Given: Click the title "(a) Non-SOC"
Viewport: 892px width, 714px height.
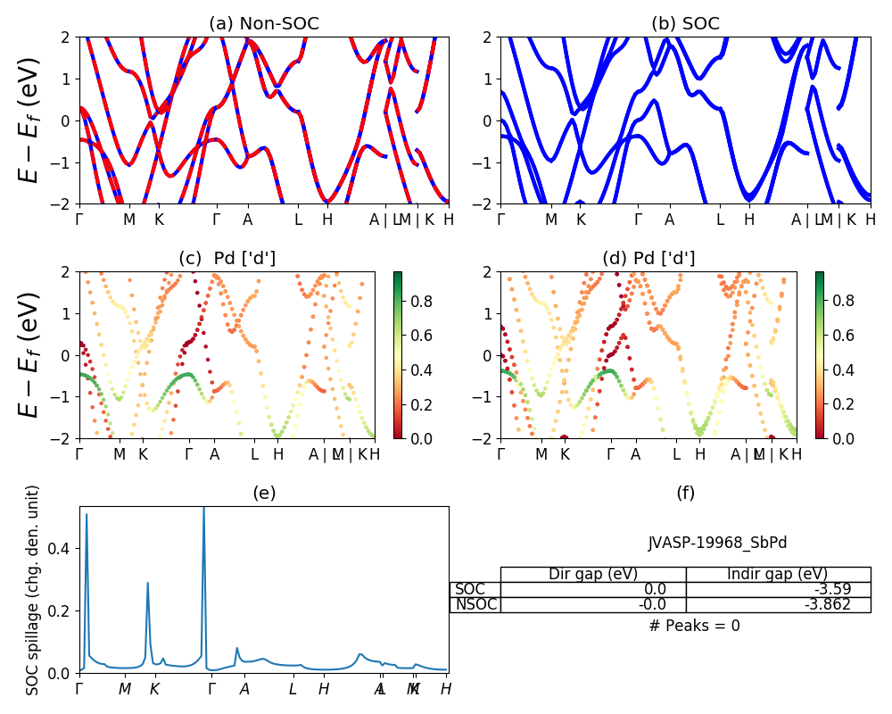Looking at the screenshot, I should tap(264, 24).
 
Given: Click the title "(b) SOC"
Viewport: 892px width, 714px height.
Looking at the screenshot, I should tap(685, 24).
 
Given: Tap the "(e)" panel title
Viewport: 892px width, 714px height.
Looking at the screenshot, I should tap(264, 493).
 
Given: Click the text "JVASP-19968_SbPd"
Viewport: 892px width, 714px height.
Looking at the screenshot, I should tap(717, 543).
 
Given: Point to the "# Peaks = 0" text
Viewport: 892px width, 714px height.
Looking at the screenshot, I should tap(694, 626).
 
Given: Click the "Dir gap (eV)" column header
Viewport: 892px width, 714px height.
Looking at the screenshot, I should tap(593, 574).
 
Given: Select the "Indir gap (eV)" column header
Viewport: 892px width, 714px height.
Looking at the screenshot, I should tap(778, 574).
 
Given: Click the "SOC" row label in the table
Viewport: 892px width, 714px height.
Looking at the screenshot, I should tap(471, 589).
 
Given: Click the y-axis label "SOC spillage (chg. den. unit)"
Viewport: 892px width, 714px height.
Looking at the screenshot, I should tap(33, 590).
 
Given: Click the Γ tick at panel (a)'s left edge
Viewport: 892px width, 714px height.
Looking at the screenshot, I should tap(79, 219).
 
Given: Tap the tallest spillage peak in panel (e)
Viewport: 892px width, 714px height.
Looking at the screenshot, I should tap(204, 509).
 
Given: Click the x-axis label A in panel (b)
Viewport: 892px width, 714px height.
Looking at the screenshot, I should tap(669, 219).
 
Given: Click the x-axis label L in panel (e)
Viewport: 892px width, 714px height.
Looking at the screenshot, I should tap(293, 689).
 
